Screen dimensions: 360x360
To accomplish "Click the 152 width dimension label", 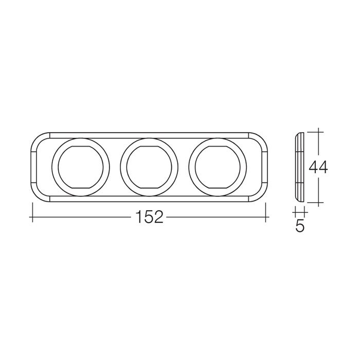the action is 150,217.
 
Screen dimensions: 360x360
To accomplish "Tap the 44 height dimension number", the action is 318,167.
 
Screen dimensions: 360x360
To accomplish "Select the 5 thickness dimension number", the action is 300,226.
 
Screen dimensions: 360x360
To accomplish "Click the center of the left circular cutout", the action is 81,167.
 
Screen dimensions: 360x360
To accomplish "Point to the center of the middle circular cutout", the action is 149,167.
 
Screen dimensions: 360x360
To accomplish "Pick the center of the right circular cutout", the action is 218,167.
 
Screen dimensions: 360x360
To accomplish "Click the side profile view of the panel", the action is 299,167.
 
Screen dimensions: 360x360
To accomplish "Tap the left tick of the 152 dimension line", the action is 32,212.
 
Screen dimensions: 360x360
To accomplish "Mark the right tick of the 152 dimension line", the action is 266,212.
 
